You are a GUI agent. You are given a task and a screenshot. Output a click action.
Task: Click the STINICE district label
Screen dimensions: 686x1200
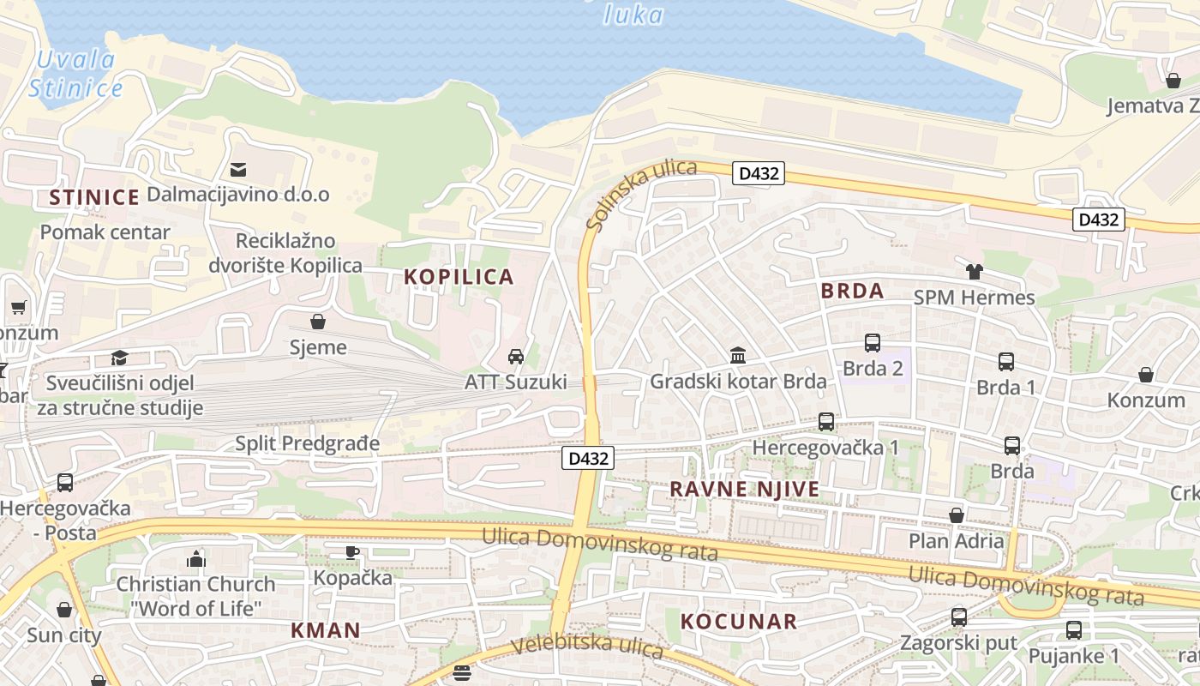(94, 197)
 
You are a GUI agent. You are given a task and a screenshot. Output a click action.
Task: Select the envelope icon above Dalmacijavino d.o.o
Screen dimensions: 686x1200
(238, 170)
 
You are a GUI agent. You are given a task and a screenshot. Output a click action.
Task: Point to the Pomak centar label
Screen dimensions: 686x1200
(105, 232)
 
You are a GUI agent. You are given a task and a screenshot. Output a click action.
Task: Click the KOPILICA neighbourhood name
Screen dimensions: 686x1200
(459, 276)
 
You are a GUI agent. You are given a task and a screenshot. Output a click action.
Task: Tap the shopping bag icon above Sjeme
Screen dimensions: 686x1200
(318, 322)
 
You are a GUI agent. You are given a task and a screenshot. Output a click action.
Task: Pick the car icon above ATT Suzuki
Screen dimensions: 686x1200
(516, 357)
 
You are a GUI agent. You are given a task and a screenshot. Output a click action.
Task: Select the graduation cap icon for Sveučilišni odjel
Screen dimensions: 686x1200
(119, 358)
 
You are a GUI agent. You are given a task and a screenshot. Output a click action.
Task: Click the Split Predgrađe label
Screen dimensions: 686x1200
(307, 443)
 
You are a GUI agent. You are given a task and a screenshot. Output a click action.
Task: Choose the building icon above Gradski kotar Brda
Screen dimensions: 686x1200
(738, 355)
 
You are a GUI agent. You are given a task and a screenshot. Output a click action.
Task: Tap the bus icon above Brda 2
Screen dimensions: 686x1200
(873, 343)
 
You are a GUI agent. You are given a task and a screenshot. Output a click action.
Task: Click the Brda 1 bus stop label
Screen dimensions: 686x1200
(1006, 387)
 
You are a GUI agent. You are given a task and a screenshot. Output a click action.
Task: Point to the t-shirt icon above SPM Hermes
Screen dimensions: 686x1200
(975, 273)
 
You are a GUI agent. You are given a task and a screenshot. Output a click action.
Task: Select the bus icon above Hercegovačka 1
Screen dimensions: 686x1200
(826, 422)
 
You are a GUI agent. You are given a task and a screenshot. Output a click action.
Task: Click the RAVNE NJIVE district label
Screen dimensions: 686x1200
(744, 489)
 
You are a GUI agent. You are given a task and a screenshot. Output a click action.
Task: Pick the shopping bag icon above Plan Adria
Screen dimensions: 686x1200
(957, 515)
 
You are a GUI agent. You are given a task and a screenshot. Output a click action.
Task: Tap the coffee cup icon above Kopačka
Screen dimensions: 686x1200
(351, 553)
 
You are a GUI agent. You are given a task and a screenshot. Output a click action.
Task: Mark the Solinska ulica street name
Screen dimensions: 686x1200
(640, 193)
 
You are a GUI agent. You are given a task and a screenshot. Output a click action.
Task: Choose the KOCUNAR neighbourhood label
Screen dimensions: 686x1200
(738, 621)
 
